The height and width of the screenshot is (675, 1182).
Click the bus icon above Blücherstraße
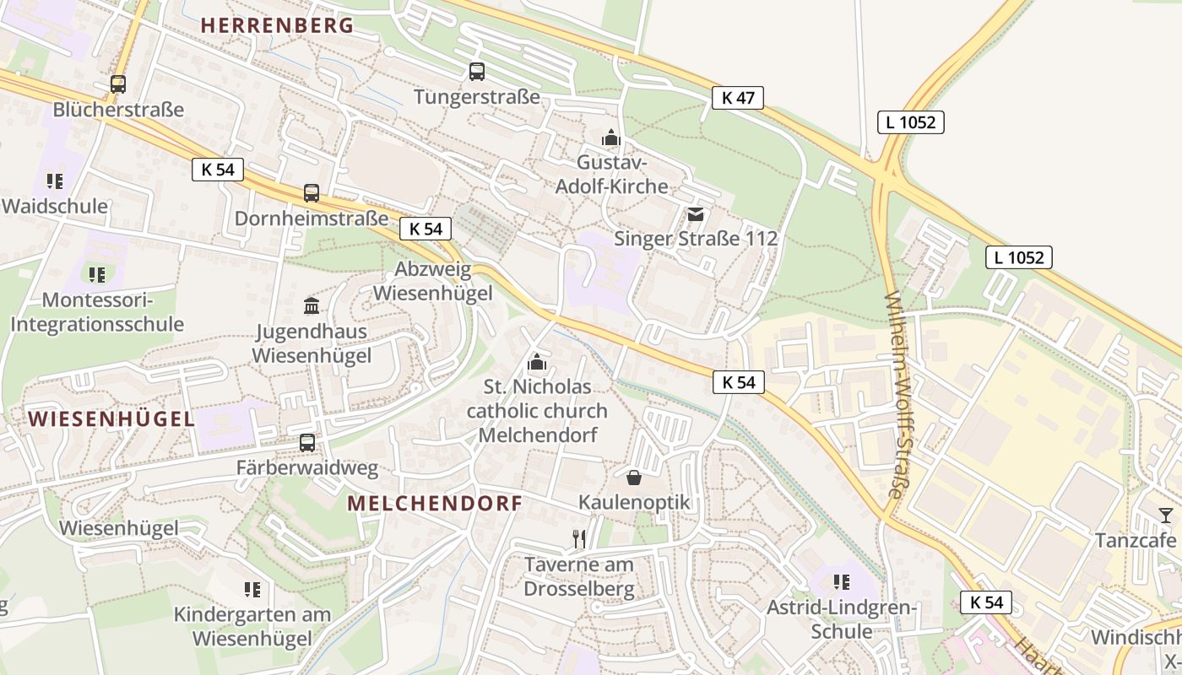pyautogui.click(x=118, y=84)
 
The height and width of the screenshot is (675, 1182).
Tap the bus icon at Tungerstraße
pyautogui.click(x=477, y=72)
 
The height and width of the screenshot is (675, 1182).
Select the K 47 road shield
pyautogui.click(x=737, y=98)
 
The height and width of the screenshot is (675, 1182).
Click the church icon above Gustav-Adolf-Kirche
pyautogui.click(x=611, y=137)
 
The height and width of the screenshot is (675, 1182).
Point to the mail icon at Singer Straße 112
pyautogui.click(x=696, y=214)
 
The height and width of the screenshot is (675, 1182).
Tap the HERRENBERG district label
pyautogui.click(x=277, y=25)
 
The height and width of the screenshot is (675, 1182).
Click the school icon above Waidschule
pyautogui.click(x=55, y=181)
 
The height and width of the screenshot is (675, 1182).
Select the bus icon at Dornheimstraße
pyautogui.click(x=312, y=193)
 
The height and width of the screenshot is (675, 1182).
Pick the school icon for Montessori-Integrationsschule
pyautogui.click(x=97, y=274)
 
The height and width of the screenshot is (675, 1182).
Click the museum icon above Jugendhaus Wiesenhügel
pyautogui.click(x=312, y=305)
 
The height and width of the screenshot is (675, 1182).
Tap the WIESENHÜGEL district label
pyautogui.click(x=111, y=418)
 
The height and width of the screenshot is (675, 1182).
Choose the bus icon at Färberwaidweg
pyautogui.click(x=307, y=442)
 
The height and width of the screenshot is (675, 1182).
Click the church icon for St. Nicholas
pyautogui.click(x=536, y=363)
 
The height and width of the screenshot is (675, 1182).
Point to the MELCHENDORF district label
pyautogui.click(x=435, y=504)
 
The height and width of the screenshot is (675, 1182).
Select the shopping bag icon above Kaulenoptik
pyautogui.click(x=634, y=478)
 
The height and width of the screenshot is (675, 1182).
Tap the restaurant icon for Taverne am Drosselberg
pyautogui.click(x=579, y=538)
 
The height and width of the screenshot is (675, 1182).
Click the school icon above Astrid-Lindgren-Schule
pyautogui.click(x=841, y=582)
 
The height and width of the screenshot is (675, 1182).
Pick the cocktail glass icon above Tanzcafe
pyautogui.click(x=1166, y=515)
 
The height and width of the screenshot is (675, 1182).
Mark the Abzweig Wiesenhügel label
pyautogui.click(x=432, y=282)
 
